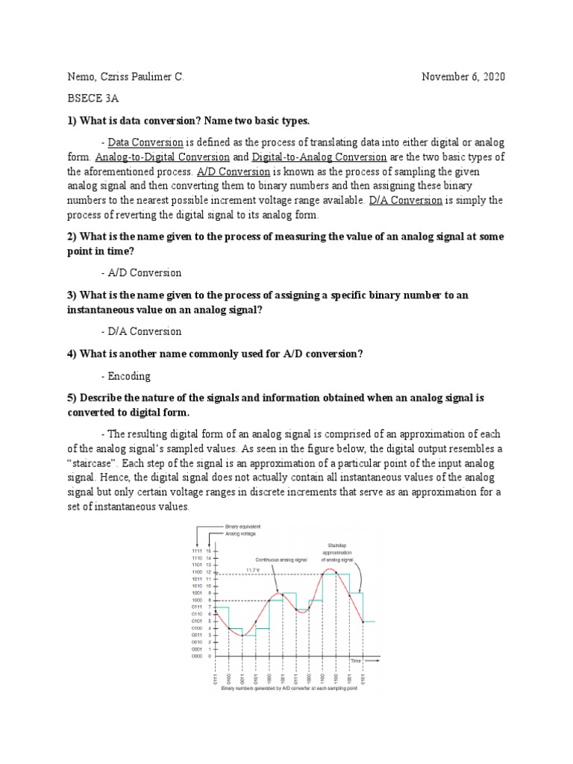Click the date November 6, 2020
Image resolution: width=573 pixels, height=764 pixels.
click(467, 77)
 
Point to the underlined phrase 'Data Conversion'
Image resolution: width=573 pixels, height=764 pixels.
click(145, 142)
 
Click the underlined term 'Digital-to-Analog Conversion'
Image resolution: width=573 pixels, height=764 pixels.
click(319, 157)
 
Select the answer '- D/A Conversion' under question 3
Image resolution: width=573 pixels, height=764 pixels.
click(141, 331)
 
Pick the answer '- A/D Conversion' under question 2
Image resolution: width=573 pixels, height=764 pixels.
click(141, 272)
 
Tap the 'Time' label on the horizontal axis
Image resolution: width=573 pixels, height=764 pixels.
click(356, 661)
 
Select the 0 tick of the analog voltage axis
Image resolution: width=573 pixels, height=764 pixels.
click(210, 656)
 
